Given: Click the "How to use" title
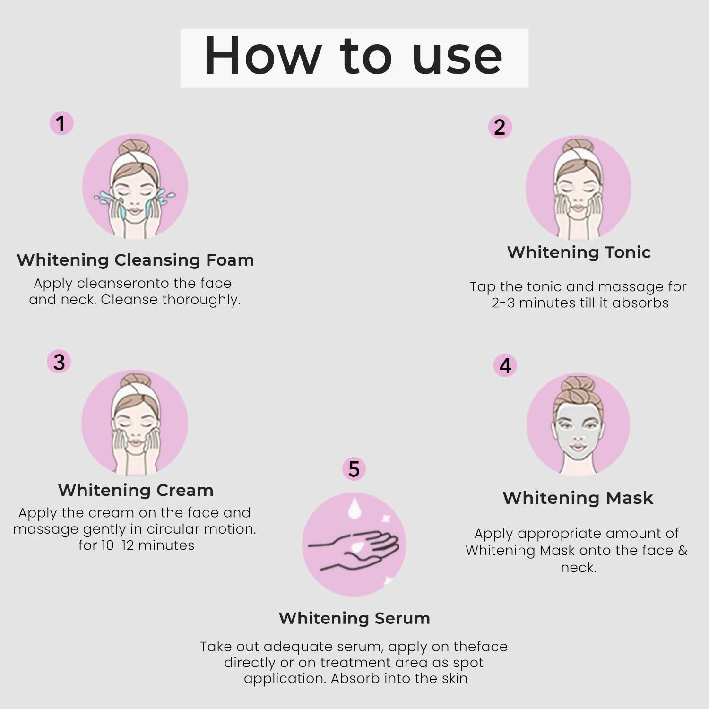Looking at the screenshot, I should coord(354,57).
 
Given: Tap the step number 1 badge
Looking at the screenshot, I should coord(61,123).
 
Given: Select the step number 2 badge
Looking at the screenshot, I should coord(500,127).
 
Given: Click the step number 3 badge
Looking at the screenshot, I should coord(59,362).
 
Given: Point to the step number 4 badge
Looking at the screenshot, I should coord(505,365).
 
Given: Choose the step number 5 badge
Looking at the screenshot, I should coord(354,469).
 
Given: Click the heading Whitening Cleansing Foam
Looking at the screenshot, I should coord(135,260).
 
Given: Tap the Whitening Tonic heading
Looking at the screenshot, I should coord(579,252).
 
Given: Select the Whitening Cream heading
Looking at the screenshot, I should coord(136,490).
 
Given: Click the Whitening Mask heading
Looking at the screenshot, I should coord(578,498).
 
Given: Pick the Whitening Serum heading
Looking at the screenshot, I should coord(354,618).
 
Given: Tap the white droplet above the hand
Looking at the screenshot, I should coord(354,509).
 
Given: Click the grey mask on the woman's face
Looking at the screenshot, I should coord(578,430).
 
